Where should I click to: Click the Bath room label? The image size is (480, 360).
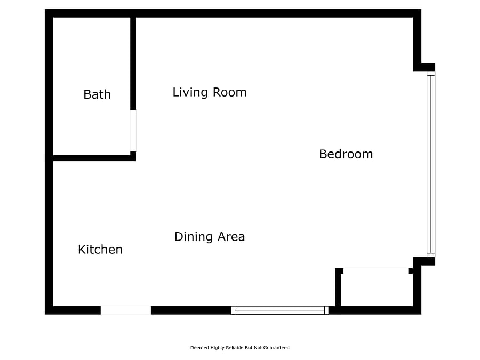97,94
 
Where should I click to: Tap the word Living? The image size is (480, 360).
190,92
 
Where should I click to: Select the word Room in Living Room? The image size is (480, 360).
229,92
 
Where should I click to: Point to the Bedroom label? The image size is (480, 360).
346,154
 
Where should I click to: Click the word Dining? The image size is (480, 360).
194,237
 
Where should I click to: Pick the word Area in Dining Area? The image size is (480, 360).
231,237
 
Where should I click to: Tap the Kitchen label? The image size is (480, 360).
100,250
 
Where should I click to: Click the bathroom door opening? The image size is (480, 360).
133,131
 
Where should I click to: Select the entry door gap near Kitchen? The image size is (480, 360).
126,310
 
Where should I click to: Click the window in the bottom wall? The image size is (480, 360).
280,310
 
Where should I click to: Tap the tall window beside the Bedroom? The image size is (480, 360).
431,164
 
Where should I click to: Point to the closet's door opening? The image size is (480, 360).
376,271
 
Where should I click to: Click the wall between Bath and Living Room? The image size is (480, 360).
133,63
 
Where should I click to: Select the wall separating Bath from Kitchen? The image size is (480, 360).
92,158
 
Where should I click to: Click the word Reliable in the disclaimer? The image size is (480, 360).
235,347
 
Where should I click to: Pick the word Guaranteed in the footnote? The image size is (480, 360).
276,347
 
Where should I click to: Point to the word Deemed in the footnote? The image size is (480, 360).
199,347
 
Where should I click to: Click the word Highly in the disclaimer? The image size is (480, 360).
217,348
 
